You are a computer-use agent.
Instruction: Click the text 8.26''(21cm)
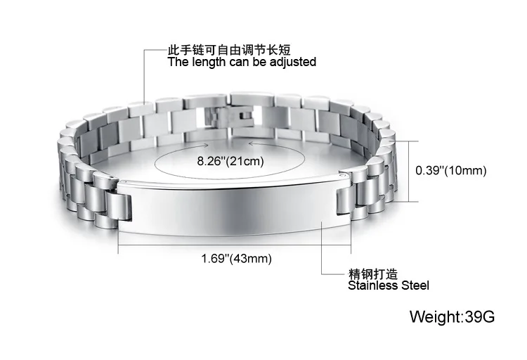coord(230,161)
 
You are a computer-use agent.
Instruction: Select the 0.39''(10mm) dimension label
coord(451,170)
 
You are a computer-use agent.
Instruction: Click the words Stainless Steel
coord(389,285)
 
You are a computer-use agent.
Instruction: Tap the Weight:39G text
coord(453,316)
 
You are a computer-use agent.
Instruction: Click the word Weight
coord(435,316)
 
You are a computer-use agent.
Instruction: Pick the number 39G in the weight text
coord(480,316)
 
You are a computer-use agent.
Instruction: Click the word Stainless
coord(372,285)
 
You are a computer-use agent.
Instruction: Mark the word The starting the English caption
coord(177,62)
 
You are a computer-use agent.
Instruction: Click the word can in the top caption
coord(236,62)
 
